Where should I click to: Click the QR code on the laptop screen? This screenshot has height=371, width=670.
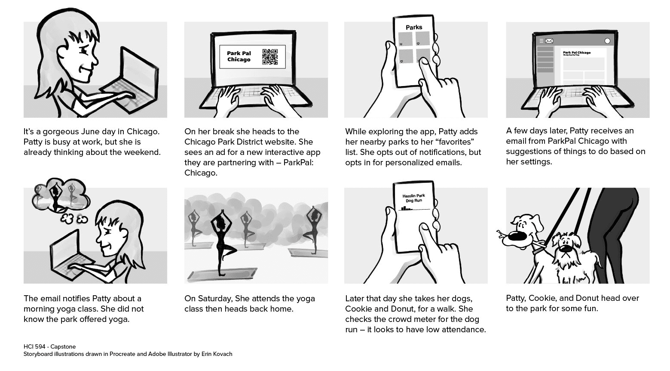coord(269,57)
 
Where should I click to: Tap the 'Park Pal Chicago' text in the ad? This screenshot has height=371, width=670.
coord(239,56)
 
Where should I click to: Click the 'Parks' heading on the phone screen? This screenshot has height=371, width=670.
coord(414,27)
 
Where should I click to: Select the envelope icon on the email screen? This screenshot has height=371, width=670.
coord(549,41)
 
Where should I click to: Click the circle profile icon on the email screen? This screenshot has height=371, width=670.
coord(607,41)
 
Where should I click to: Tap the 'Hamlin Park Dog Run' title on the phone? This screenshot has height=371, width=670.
coord(413,198)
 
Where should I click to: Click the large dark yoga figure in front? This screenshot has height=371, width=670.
coord(221,241)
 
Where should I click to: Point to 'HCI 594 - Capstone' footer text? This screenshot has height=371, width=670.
coord(49,346)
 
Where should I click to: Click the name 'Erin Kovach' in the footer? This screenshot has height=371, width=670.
coord(217,354)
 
